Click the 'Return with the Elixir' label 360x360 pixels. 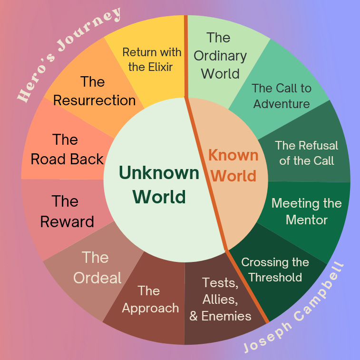click(152, 59)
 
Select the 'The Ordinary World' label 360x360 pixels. click(220, 56)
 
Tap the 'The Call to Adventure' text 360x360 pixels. click(282, 96)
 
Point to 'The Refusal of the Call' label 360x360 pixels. click(306, 153)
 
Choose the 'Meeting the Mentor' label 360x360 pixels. click(306, 211)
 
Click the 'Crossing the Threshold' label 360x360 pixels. click(275, 270)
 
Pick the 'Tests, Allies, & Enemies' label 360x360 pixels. click(220, 299)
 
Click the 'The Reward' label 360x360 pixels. click(67, 211)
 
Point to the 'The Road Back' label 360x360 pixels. click(67, 149)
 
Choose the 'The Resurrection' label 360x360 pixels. click(94, 91)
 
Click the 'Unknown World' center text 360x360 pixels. click(159, 184)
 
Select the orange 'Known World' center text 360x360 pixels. click(234, 165)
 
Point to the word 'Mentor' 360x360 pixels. click(306, 220)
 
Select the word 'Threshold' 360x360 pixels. click(275, 277)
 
